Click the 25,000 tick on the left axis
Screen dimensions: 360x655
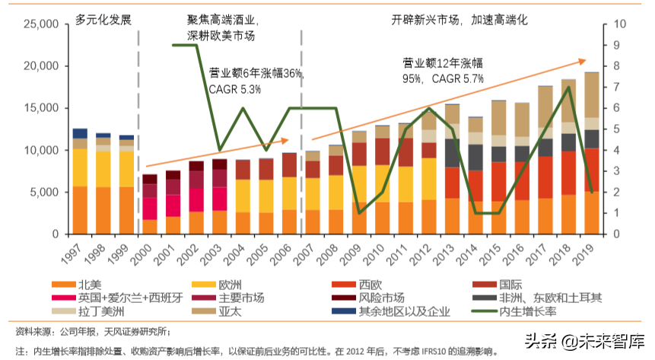point(37,24)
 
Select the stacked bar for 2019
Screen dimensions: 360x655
point(591,152)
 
